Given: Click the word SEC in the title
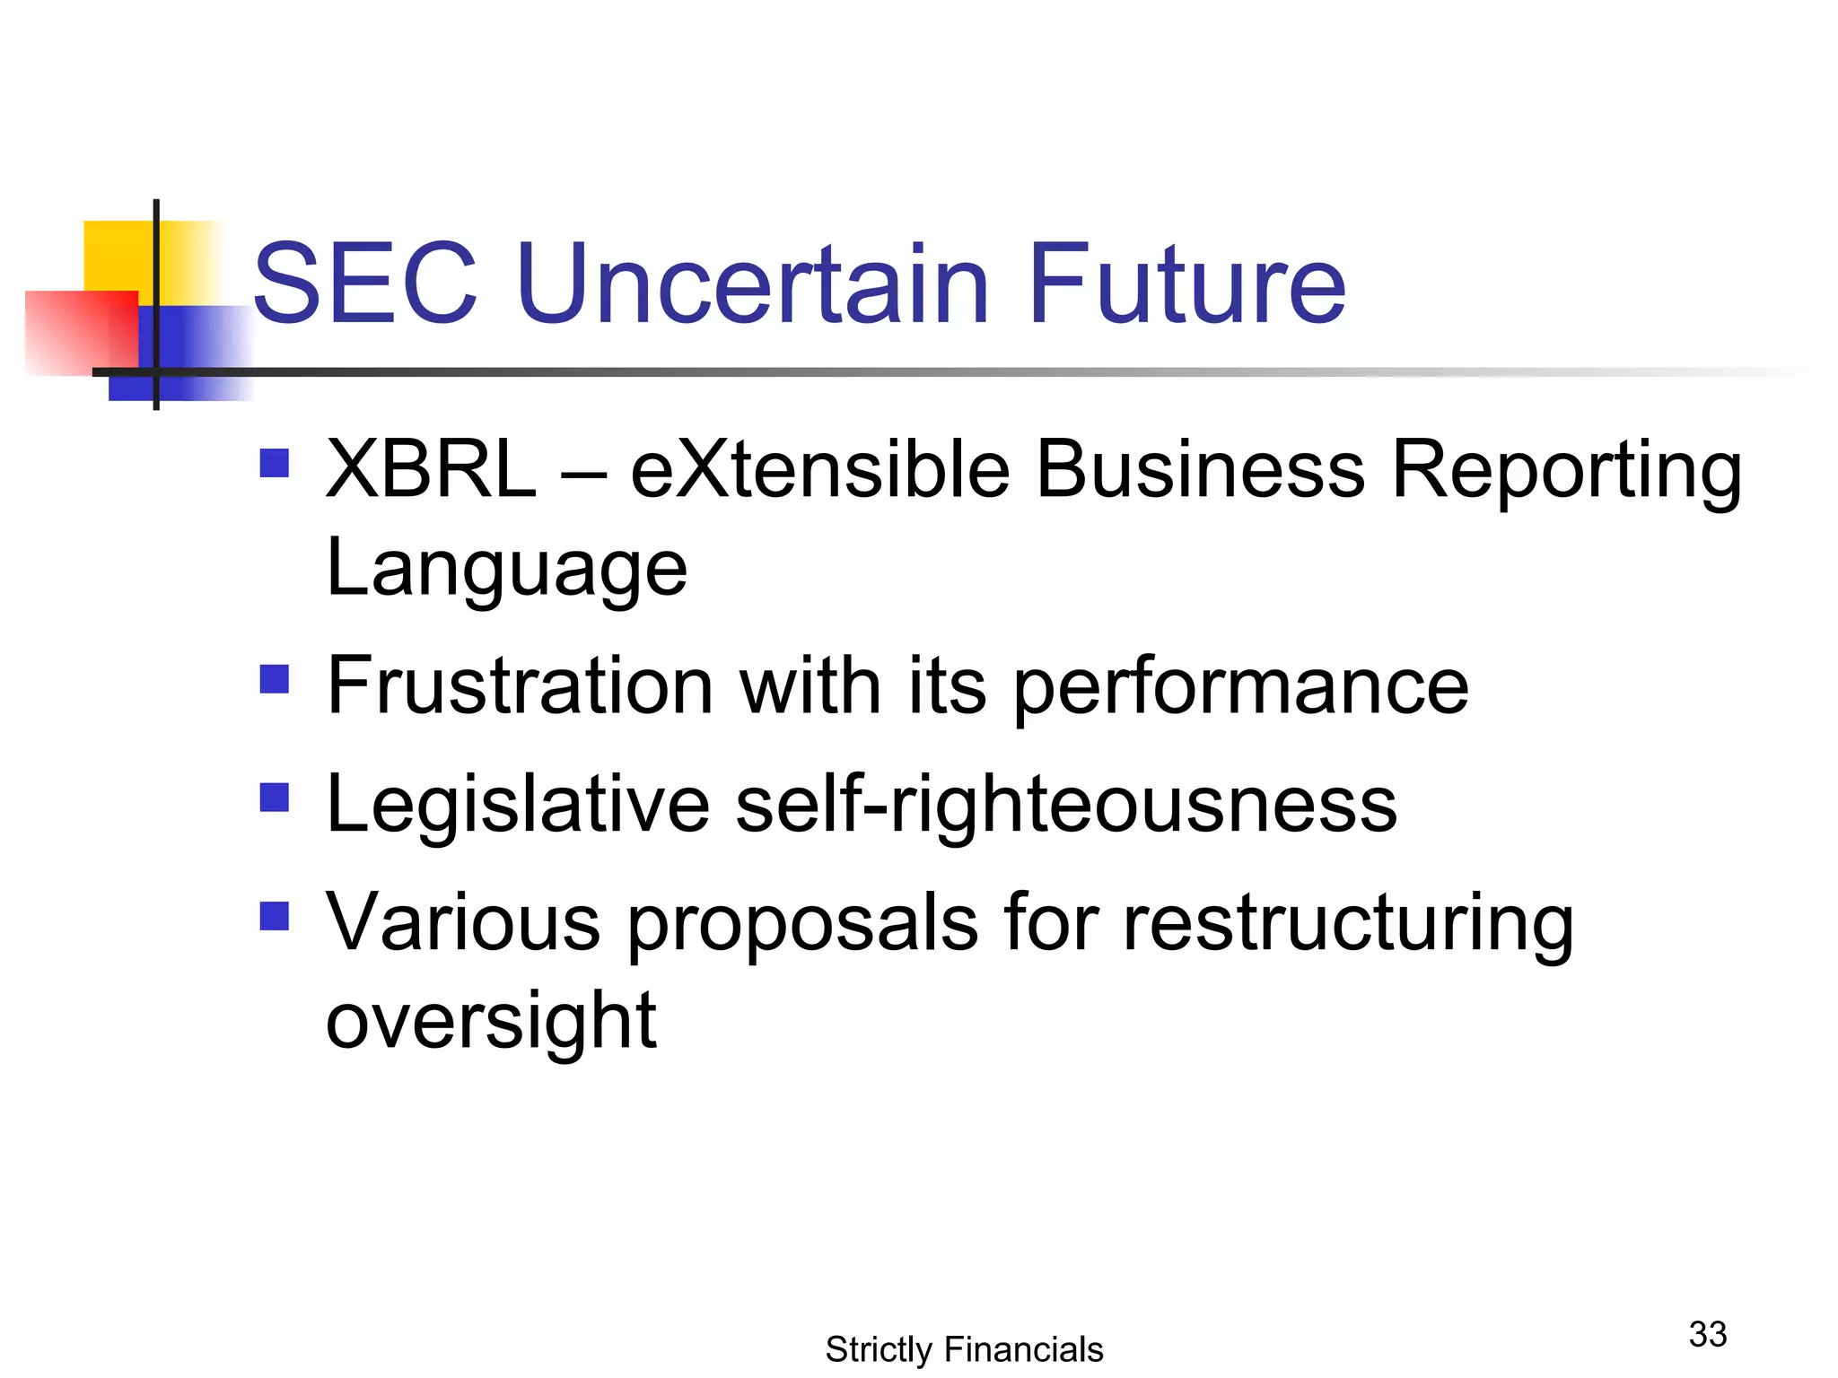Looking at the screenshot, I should [x=364, y=283].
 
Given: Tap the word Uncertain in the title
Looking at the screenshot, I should [x=752, y=283].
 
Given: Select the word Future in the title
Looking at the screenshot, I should [x=1186, y=283].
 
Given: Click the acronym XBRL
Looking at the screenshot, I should [x=431, y=470].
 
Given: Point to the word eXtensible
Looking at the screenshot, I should [x=819, y=470].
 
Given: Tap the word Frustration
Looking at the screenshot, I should [x=520, y=686].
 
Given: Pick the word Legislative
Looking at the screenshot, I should [x=518, y=806].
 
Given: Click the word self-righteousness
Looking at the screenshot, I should [x=1065, y=806].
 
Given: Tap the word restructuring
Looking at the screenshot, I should [x=1348, y=924].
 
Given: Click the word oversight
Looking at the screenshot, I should [x=491, y=1023].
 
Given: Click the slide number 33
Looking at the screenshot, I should [x=1707, y=1334].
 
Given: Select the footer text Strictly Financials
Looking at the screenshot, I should [x=964, y=1349].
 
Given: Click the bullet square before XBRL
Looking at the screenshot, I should [x=274, y=463].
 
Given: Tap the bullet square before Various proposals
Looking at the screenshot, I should [x=274, y=916].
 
